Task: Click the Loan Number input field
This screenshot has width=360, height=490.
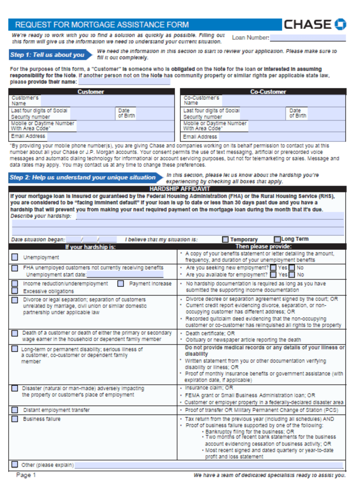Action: (307, 38)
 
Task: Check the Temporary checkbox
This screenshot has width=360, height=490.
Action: (225, 239)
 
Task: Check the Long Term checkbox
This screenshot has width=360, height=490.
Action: (277, 239)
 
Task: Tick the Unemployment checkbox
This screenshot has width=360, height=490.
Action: (15, 257)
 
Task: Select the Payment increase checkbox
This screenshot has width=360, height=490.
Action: (121, 283)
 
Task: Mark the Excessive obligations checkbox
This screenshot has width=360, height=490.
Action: (15, 290)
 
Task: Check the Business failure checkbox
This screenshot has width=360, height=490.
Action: (15, 419)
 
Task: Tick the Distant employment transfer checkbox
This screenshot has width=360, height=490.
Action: (15, 410)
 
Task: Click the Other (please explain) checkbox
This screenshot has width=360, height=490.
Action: (15, 464)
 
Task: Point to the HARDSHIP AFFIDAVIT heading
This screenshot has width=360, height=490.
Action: (177, 189)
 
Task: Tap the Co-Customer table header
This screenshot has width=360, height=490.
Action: (268, 91)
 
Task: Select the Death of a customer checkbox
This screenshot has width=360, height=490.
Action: (15, 333)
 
